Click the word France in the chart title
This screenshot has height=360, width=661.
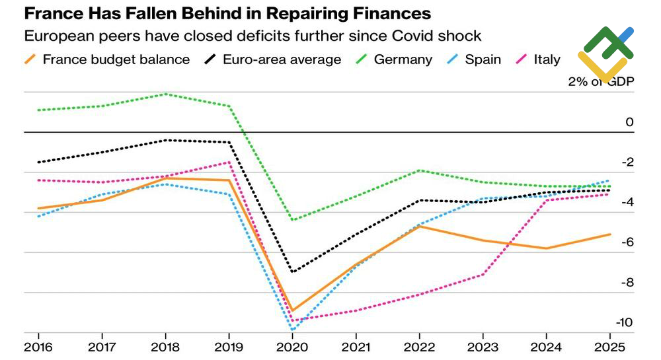(54, 13)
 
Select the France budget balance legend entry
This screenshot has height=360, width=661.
(107, 59)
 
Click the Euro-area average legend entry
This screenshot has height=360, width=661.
(273, 59)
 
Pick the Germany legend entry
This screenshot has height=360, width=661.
(394, 59)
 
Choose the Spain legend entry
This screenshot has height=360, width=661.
(474, 59)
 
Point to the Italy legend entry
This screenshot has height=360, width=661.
(538, 59)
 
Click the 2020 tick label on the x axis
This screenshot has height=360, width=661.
(292, 347)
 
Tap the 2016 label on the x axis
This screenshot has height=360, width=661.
(38, 347)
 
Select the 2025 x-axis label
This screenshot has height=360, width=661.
(609, 347)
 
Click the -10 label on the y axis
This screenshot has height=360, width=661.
(625, 322)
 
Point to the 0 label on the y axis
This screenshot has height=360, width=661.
(629, 122)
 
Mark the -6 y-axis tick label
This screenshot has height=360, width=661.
(627, 242)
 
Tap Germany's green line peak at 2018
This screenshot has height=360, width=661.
(166, 94)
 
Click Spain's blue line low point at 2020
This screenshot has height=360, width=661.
(293, 329)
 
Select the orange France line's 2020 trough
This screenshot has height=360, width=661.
(293, 310)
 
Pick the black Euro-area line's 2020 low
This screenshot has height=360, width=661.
(293, 271)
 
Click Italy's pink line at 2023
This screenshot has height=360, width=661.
(483, 274)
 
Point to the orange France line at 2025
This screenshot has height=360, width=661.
(610, 234)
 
